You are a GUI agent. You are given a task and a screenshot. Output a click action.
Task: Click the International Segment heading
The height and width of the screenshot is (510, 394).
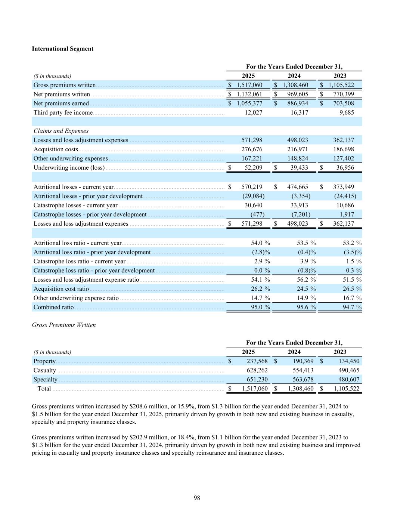pos(62,49)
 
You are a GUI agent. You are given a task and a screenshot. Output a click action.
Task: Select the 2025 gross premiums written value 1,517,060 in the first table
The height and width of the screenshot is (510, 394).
pos(249,85)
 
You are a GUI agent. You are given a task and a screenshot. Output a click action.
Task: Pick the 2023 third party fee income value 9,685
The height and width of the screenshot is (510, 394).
pos(347,112)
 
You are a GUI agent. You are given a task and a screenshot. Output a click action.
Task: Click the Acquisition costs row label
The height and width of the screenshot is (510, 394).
pos(56,149)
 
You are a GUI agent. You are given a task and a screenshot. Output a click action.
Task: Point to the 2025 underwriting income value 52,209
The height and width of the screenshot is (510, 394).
pos(253,167)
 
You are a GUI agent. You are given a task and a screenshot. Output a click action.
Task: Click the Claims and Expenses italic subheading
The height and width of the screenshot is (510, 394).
pos(61,131)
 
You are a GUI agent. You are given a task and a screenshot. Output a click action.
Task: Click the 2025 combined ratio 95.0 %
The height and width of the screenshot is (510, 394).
pos(260,307)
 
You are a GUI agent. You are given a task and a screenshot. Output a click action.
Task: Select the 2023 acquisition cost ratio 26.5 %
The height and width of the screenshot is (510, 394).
pos(352,289)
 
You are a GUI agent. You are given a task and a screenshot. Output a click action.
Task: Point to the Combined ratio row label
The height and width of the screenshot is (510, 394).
pos(53,307)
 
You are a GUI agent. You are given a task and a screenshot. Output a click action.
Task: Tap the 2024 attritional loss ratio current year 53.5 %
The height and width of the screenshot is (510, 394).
pos(306,243)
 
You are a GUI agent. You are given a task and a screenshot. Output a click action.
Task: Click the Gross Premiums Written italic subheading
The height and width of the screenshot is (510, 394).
pos(64,325)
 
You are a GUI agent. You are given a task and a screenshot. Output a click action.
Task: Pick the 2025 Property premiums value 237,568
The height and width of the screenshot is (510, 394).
pos(255,361)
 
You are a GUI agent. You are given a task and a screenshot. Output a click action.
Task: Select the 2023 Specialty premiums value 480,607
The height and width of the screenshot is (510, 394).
pos(346,379)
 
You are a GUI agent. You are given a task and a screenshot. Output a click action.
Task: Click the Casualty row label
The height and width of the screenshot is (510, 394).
pos(44,370)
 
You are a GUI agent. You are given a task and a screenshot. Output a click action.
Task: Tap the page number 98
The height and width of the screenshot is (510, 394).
pos(197,498)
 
